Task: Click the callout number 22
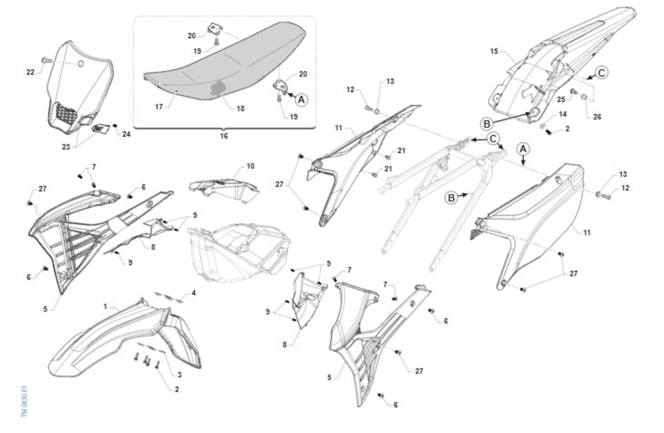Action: click(x=30, y=72)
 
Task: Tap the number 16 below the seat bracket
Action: click(x=224, y=136)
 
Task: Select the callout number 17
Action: click(x=159, y=106)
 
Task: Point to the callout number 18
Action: click(x=240, y=109)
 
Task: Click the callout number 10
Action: click(x=251, y=166)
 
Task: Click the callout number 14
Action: click(x=563, y=114)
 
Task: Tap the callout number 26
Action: click(x=597, y=117)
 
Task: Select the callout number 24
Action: click(x=127, y=135)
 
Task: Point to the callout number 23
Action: click(x=66, y=147)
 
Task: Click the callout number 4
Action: click(x=194, y=293)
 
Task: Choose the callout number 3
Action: click(x=179, y=375)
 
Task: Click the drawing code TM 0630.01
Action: click(x=24, y=401)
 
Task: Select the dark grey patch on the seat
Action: click(x=217, y=89)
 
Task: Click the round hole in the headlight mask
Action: click(x=80, y=64)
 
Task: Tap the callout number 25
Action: click(x=561, y=99)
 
